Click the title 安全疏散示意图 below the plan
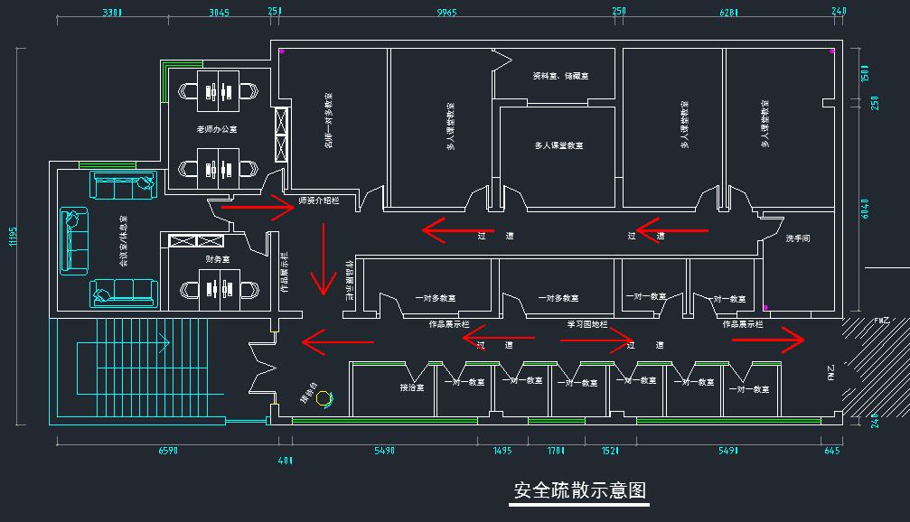(x=579, y=490)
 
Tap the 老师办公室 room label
(x=217, y=129)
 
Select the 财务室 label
(x=217, y=259)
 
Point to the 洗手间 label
(x=797, y=238)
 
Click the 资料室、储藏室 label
(x=560, y=77)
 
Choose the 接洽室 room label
(x=412, y=388)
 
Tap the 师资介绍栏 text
(x=319, y=200)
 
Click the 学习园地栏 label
(x=587, y=323)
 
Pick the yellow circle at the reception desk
(x=323, y=396)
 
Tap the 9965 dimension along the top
(x=446, y=13)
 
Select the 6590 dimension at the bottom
(x=168, y=450)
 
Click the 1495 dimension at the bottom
(x=502, y=450)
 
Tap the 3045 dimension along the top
(x=219, y=13)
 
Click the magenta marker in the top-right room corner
(x=831, y=51)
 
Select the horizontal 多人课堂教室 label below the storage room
(x=558, y=145)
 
